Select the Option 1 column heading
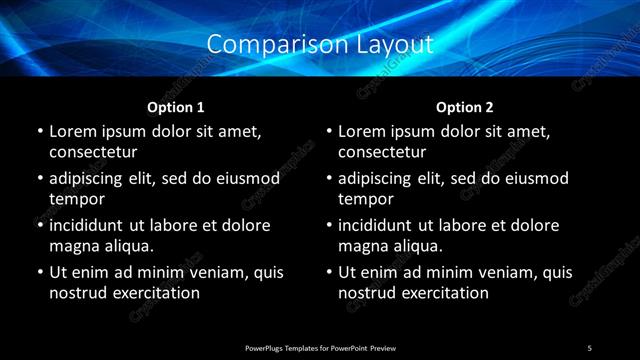(176, 107)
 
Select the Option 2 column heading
(465, 107)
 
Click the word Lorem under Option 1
(71, 131)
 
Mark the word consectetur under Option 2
(382, 152)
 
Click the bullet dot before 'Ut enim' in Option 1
(39, 273)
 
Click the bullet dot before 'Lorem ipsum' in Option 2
(328, 132)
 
